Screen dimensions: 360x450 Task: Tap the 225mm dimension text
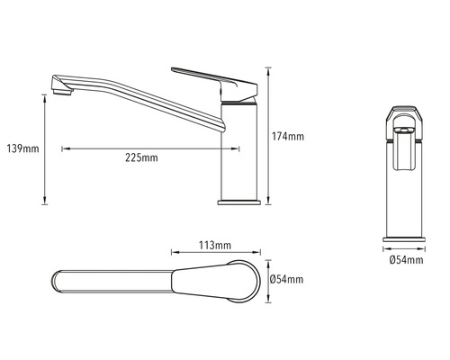coord(142,158)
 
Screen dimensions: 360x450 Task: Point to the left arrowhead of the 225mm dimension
coord(64,148)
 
